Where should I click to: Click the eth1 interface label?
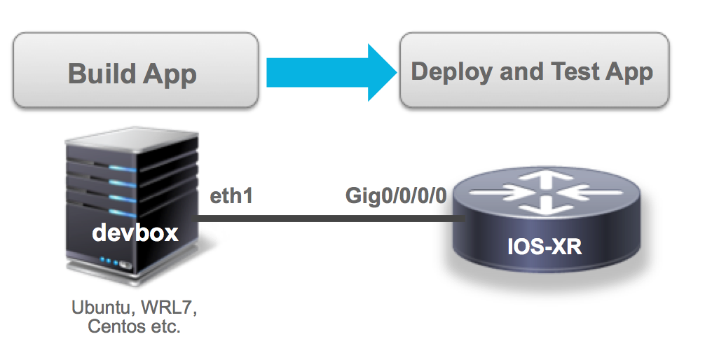pos(231,197)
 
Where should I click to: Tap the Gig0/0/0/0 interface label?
pos(396,197)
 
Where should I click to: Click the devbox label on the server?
pos(135,233)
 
